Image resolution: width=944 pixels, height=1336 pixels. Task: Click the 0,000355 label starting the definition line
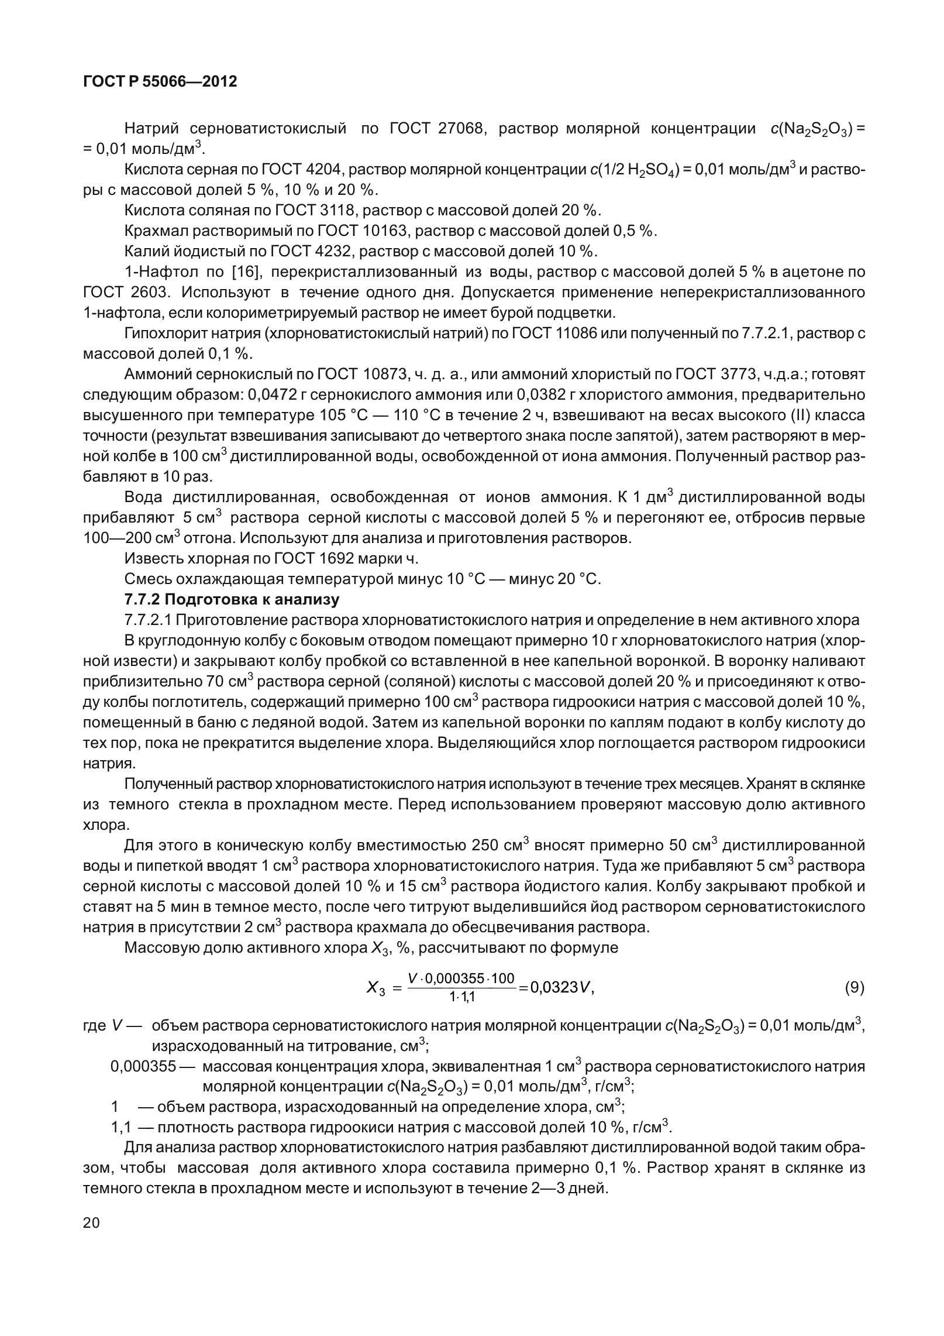pyautogui.click(x=143, y=1066)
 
